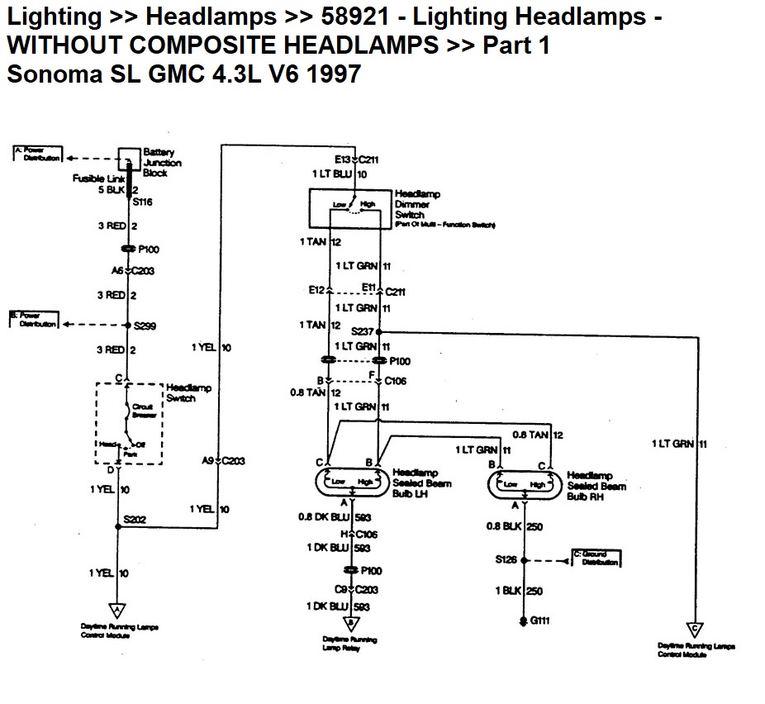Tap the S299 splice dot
coord(129,325)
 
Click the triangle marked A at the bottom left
coord(117,611)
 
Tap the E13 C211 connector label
coord(356,159)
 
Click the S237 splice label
coord(362,331)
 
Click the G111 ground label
coord(538,621)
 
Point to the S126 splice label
coord(506,559)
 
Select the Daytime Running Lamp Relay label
coord(350,645)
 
